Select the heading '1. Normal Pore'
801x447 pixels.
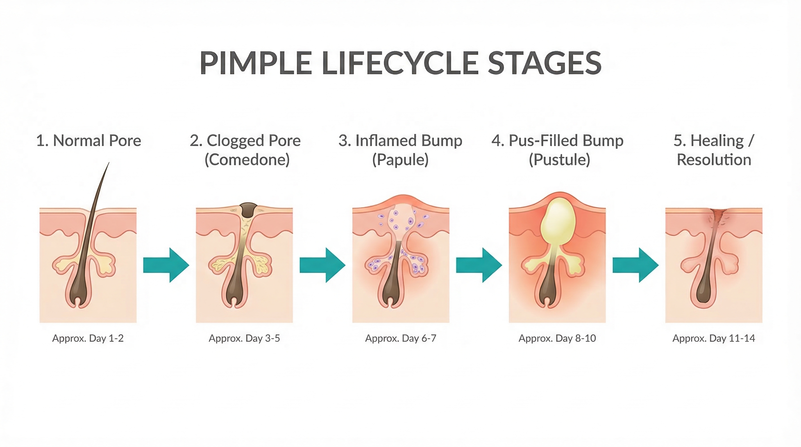[88, 141]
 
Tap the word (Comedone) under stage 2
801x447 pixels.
[247, 160]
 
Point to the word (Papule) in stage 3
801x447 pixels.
[400, 160]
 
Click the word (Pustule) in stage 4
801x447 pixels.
[559, 160]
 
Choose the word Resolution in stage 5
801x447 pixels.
[714, 160]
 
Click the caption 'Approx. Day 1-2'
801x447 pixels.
[88, 338]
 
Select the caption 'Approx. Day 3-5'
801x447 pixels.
[244, 338]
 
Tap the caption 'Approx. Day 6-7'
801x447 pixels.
[401, 338]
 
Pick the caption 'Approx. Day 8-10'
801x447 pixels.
[557, 338]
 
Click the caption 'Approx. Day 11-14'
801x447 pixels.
[714, 338]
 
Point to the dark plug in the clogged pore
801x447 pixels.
[248, 210]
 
